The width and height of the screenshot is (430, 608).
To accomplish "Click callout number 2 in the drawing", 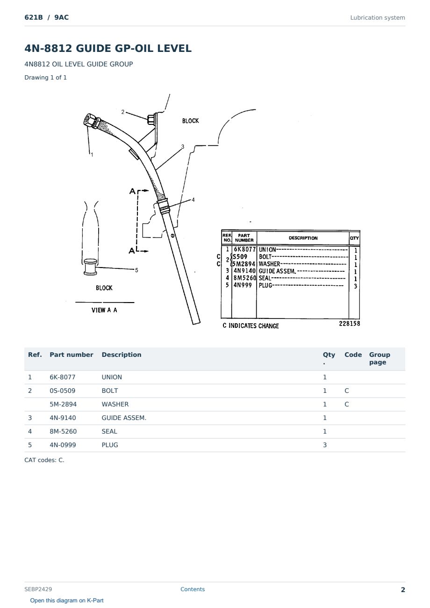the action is (122, 112).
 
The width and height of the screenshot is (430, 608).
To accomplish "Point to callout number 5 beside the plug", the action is (136, 270).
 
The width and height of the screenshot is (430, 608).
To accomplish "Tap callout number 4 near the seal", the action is (193, 200).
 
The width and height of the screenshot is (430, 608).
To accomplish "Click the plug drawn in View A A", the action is (90, 267).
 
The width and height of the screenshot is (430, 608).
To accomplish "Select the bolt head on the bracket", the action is (150, 119).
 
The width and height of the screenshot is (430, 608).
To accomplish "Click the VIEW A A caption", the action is (104, 310).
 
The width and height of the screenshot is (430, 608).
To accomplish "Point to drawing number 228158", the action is (350, 324).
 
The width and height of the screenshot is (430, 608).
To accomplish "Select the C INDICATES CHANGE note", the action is (251, 326).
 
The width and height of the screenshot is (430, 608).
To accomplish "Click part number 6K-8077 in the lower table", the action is (63, 377).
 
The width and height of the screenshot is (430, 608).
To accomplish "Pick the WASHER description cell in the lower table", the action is (115, 404).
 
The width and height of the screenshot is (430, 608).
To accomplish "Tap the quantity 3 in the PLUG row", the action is (325, 445).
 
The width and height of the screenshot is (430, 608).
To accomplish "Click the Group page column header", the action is (380, 358).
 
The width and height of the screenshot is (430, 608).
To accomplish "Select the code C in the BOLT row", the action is (347, 391).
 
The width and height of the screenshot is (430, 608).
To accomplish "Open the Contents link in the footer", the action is (193, 589).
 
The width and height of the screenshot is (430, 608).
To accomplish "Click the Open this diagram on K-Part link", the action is (67, 601).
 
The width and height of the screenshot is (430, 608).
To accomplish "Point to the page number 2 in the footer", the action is (403, 590).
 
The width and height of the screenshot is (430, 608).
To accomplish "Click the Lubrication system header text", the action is (378, 18).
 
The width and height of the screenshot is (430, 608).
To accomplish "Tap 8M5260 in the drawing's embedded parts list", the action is (244, 278).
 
